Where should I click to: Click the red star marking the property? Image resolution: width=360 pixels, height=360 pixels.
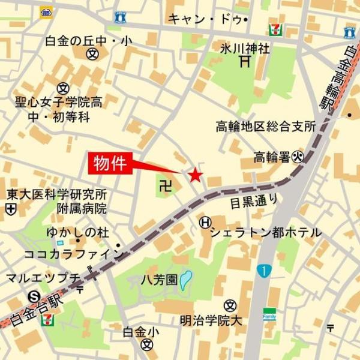196,175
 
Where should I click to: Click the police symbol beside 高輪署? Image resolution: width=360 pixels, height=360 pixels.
299,157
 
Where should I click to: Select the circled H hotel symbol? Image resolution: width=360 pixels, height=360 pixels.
205,223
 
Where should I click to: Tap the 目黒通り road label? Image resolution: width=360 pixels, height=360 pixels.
253,203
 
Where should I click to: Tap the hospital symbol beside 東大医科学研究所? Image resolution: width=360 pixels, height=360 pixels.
11,209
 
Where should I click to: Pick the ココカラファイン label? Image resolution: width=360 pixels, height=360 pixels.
66,254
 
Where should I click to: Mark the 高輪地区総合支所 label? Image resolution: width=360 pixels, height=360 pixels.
266,127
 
